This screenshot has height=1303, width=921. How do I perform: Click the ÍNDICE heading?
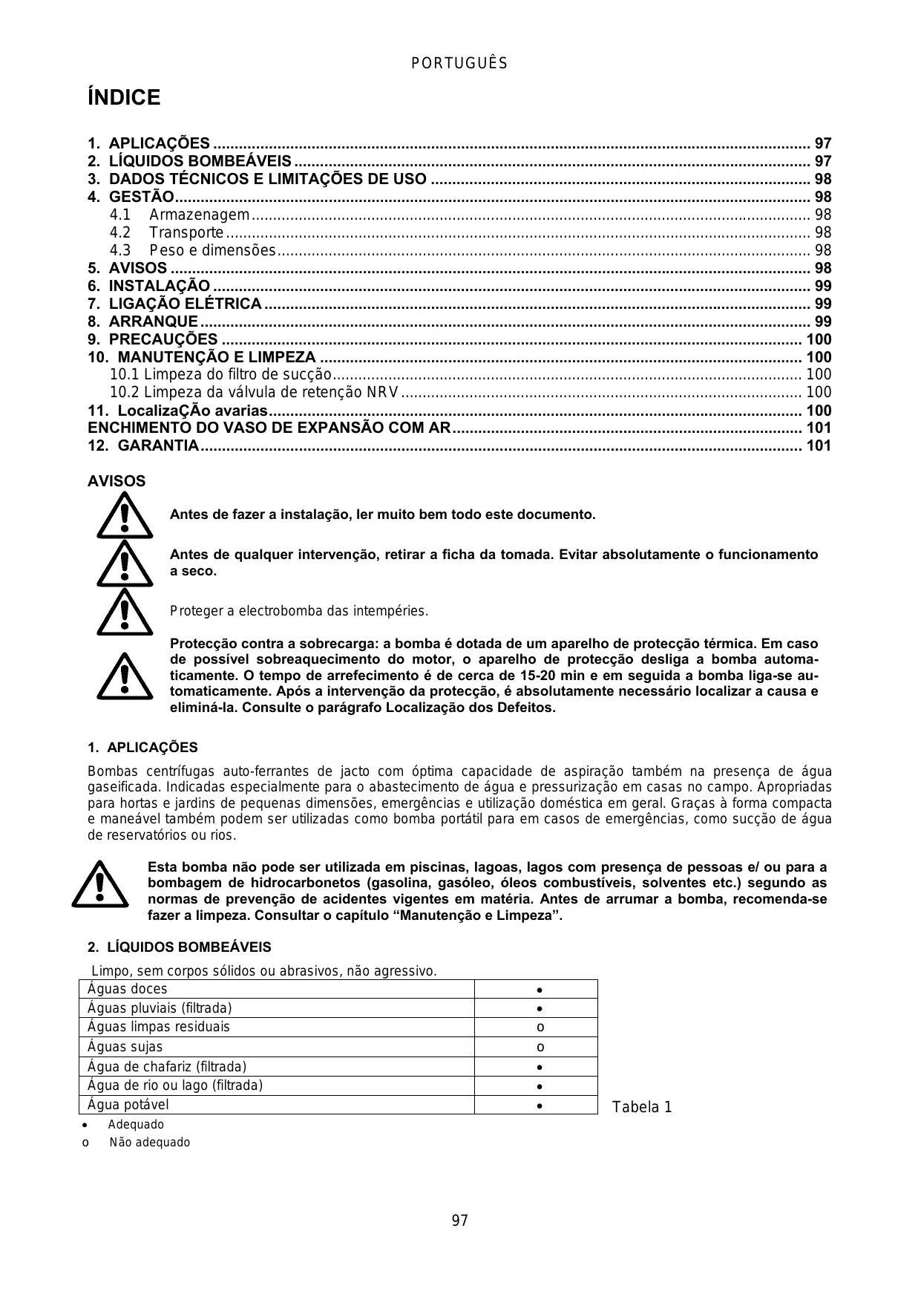124,98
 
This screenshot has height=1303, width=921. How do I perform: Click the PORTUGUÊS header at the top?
459,64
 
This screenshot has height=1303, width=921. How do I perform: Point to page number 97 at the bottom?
459,1221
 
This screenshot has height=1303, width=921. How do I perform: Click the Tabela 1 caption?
642,1108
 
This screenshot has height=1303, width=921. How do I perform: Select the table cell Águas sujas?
125,1047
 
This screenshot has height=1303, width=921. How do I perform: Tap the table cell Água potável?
128,1104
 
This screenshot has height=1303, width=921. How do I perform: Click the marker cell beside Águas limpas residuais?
540,1028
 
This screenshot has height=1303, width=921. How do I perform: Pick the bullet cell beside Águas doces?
540,990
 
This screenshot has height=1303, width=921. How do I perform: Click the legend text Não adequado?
149,1143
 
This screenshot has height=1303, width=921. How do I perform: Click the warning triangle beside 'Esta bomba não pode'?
100,884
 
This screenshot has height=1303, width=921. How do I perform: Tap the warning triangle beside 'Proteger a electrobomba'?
125,612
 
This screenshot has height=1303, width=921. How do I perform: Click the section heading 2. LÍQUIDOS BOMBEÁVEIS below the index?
179,947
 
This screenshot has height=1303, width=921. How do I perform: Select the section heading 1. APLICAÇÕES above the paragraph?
142,748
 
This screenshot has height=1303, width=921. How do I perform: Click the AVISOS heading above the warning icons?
117,481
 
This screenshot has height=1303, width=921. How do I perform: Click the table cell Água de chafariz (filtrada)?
167,1066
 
